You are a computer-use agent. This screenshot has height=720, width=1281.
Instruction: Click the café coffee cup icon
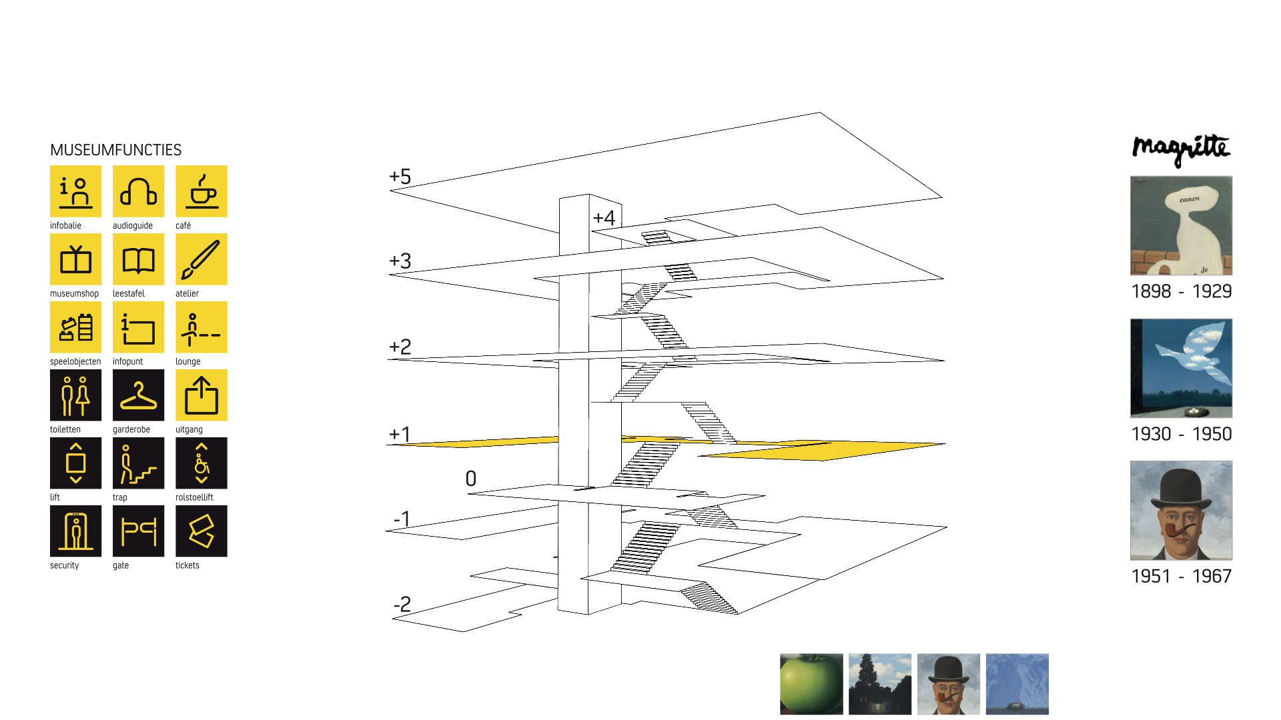coord(201,191)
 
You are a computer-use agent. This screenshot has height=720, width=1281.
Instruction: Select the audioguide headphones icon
coord(138,191)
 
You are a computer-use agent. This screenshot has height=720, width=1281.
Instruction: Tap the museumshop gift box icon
coord(75,259)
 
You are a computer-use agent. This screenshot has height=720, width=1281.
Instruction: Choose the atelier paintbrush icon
coord(201,259)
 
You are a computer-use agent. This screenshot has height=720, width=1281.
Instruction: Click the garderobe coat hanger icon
coord(138,395)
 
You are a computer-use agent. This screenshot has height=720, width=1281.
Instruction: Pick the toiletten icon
coord(75,395)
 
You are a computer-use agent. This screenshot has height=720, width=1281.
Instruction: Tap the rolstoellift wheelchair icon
coord(201,463)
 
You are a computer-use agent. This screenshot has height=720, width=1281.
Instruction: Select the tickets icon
coord(201,531)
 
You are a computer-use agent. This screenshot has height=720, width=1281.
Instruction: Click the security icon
coord(75,531)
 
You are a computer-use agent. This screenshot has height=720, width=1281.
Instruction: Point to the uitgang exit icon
coord(201,395)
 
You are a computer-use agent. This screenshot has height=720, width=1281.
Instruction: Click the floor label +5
coord(400,177)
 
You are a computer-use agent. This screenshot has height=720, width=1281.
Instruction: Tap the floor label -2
coord(402,604)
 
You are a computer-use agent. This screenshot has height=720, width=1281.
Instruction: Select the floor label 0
coord(471,479)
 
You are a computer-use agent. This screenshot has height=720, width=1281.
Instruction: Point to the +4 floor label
coord(604,217)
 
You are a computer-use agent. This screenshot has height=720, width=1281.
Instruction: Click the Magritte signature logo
coord(1181,150)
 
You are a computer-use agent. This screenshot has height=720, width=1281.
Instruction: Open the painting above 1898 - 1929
coord(1181,225)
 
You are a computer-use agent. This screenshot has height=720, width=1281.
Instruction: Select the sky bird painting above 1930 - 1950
coord(1181,368)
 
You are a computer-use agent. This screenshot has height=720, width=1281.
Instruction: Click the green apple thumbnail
coord(811,684)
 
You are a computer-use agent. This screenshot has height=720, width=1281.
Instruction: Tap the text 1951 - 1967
coord(1182,576)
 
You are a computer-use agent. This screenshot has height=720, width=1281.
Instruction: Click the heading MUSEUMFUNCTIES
coord(116,150)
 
